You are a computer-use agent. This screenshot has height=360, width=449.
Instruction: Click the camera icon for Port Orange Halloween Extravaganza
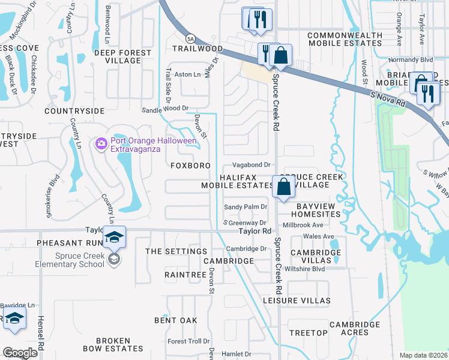tap(101, 143)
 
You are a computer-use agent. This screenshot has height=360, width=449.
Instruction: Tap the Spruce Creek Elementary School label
tap(80, 259)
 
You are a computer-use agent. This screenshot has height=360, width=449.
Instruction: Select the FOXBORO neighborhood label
tap(190, 165)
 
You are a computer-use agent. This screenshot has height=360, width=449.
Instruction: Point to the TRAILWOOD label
tap(197, 48)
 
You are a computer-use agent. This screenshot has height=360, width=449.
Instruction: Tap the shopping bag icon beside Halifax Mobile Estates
tap(283, 187)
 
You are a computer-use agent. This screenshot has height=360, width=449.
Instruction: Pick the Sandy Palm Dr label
tap(245, 207)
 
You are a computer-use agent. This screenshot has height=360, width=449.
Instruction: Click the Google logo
tap(20, 353)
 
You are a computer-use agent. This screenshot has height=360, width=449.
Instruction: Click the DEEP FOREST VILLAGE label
tap(122, 57)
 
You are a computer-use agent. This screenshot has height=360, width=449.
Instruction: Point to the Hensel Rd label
tap(41, 333)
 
